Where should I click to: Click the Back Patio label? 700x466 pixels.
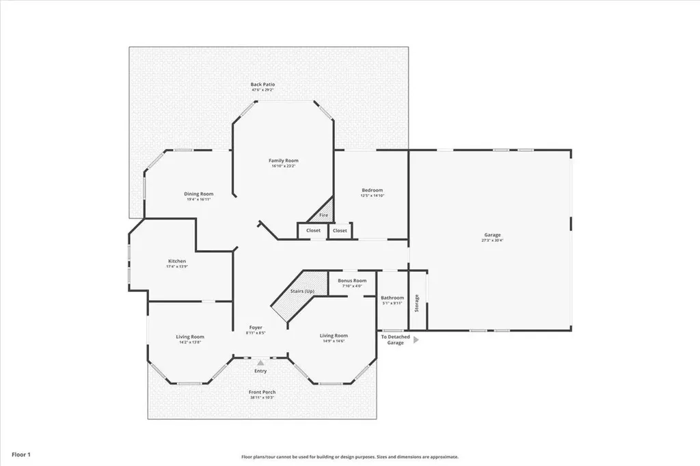262,85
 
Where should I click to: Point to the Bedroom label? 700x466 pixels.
372,190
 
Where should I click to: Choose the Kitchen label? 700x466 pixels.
177,261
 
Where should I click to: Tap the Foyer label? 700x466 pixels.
255,328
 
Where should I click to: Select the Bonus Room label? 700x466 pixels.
352,281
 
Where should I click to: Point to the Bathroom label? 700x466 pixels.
392,298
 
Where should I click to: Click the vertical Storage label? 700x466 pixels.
416,303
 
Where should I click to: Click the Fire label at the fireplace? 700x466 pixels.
323,215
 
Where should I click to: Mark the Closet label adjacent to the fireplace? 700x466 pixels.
313,231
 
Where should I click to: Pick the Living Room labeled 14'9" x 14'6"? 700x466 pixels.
334,335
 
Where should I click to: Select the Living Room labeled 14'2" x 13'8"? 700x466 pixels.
190,337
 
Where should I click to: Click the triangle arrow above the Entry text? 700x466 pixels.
260,364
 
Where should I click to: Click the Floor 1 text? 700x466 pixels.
20,454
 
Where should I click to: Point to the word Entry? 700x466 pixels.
260,371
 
